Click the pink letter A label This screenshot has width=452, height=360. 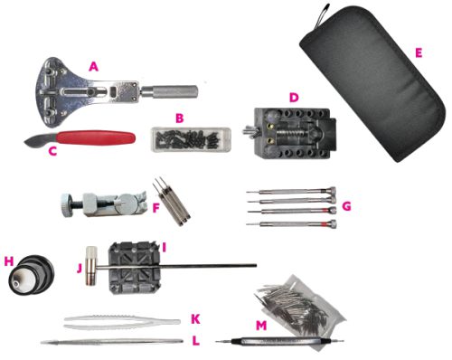tap(93, 67)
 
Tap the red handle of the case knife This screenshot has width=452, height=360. tap(96, 137)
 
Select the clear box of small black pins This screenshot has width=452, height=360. tap(191, 139)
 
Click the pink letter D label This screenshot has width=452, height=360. tap(294, 98)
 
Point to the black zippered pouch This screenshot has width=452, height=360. tap(372, 84)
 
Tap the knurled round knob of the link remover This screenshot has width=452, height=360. tap(66, 205)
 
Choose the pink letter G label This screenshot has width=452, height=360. tap(347, 206)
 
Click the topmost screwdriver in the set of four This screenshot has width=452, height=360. tap(291, 191)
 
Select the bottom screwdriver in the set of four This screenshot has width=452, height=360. tap(291, 224)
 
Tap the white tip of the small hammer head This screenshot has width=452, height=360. tap(91, 251)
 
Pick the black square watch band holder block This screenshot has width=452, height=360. tap(135, 268)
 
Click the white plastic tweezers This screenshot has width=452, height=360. tap(122, 322)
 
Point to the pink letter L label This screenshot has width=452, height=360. tap(196, 341)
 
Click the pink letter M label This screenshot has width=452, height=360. tap(261, 326)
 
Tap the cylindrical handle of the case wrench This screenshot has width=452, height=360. tap(170, 91)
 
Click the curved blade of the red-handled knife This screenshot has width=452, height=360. tap(40, 141)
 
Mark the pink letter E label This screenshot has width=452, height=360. tap(419, 53)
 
